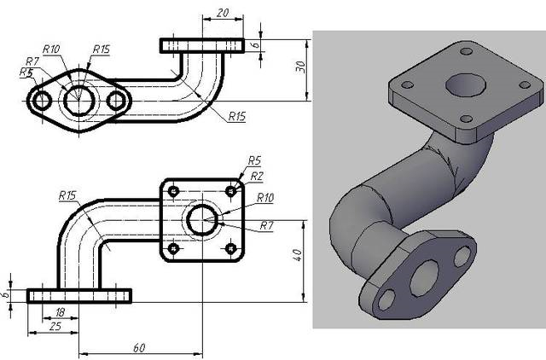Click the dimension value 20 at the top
[x=222, y=12]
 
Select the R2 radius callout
[x=257, y=175]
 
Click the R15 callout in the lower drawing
[x=67, y=196]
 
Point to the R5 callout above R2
[x=253, y=160]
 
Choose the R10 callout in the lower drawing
[x=265, y=198]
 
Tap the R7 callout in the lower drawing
[x=266, y=225]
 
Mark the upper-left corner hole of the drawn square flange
[x=174, y=189]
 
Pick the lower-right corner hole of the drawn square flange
[x=232, y=248]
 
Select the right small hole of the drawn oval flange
[x=117, y=101]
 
